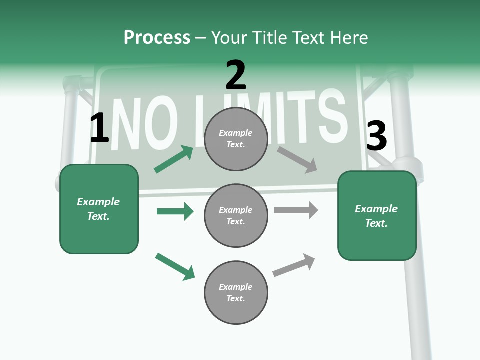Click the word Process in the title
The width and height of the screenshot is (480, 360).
pyautogui.click(x=157, y=38)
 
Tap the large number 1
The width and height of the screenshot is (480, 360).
pyautogui.click(x=99, y=128)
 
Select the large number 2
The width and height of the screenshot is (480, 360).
pyautogui.click(x=236, y=75)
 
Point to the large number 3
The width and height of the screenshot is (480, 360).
pyautogui.click(x=376, y=136)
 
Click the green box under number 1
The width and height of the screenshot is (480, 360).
pyautogui.click(x=99, y=209)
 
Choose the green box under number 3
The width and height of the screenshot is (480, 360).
pyautogui.click(x=377, y=215)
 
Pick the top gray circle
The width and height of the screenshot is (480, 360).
pyautogui.click(x=236, y=139)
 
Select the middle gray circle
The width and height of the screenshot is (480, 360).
pyautogui.click(x=236, y=215)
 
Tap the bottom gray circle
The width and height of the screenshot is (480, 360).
pyautogui.click(x=236, y=292)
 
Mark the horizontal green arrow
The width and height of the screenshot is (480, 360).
pyautogui.click(x=175, y=211)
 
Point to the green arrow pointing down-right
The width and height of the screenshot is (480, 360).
pyautogui.click(x=175, y=266)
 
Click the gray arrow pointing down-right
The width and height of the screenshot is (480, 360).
pyautogui.click(x=297, y=159)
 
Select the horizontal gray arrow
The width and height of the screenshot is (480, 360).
pyautogui.click(x=296, y=210)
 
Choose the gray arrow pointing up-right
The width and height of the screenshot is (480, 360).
pyautogui.click(x=294, y=265)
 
